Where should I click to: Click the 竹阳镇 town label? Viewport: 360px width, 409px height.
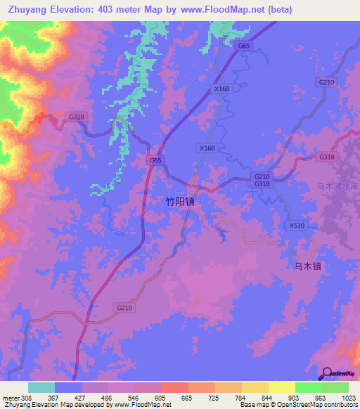pos(179,201)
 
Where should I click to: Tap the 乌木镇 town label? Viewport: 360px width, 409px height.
pos(307,266)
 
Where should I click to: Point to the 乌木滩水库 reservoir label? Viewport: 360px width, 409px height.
pos(337,186)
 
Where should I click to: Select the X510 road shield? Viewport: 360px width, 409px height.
pos(297,226)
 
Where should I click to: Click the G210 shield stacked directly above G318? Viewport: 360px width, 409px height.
pos(262,176)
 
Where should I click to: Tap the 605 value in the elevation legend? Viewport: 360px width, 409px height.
pos(160,397)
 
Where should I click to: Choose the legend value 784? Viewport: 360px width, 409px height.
pos(240,397)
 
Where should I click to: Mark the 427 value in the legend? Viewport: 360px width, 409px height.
pos(81,397)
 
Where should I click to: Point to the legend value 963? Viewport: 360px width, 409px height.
pos(320,397)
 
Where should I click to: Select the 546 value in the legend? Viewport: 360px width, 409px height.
pos(134,397)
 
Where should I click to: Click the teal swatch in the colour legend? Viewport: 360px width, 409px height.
pos(41,387)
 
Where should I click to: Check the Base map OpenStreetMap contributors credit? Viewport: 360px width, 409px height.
pos(299,405)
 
